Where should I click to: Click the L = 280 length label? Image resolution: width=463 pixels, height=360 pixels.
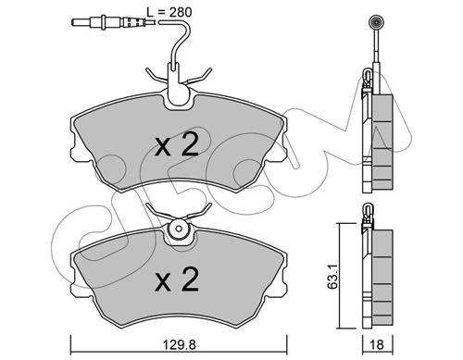[169, 12]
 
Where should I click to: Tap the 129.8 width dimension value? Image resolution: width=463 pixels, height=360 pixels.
[180, 344]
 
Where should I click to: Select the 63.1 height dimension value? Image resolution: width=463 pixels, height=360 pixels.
[332, 276]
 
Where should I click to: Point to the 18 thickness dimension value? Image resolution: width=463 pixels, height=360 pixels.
[377, 344]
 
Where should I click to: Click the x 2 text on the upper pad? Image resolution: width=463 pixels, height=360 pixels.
[177, 145]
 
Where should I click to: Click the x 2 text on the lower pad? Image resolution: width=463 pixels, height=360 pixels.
[177, 279]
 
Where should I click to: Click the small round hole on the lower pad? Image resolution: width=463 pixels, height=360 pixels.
[179, 229]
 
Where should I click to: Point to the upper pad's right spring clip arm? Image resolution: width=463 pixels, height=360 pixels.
[197, 77]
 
